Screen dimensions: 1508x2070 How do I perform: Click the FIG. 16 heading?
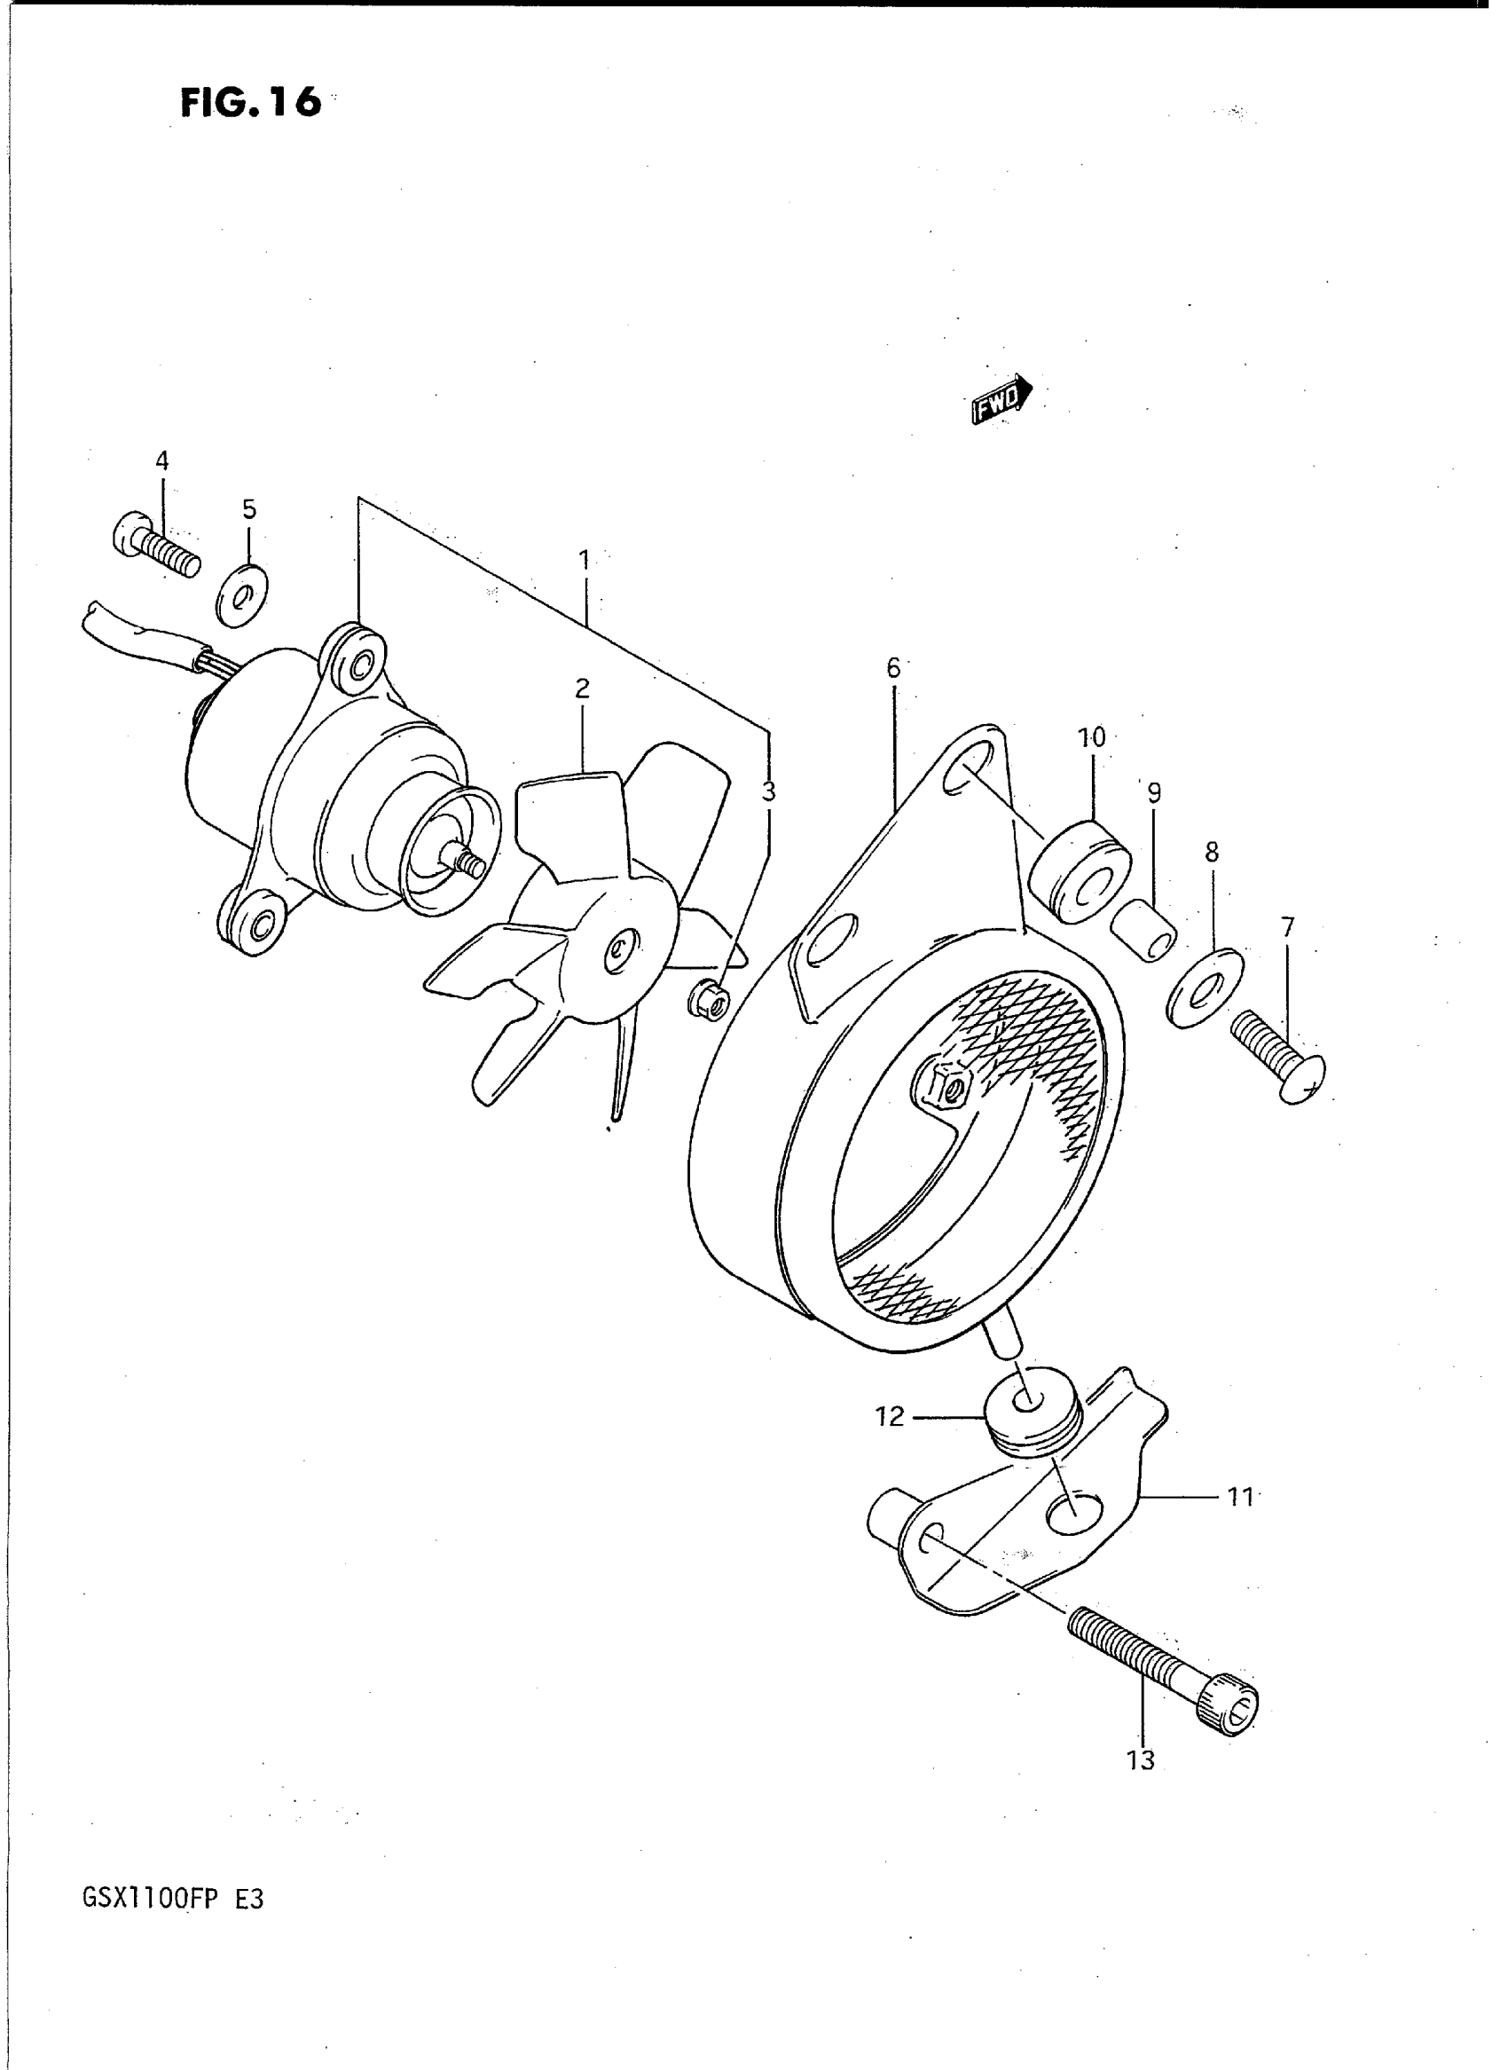coord(250,101)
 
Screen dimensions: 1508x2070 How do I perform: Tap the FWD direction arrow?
coord(1002,398)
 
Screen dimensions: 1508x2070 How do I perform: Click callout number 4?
coord(162,461)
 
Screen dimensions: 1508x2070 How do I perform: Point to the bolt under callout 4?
coord(157,544)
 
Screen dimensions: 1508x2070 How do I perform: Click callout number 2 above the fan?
coord(583,689)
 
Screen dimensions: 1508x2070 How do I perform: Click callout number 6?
coord(892,667)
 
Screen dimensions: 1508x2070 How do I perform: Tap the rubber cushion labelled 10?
coord(1080,872)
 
